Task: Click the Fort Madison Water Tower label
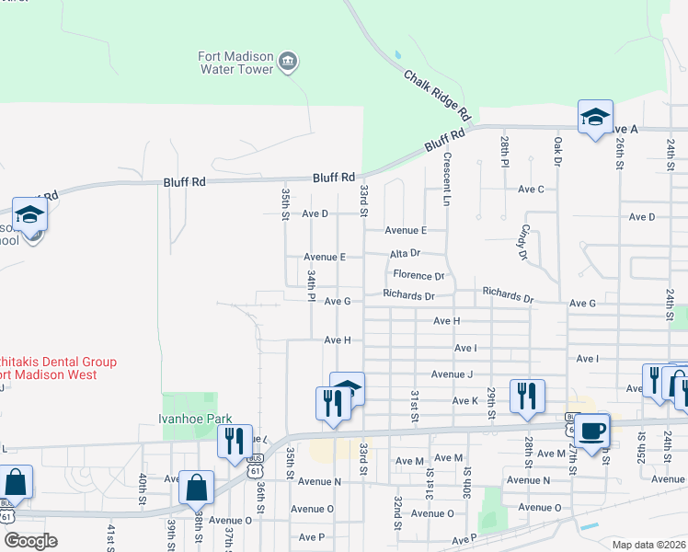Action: [235, 63]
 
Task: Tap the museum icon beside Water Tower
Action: [288, 63]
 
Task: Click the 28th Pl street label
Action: [505, 153]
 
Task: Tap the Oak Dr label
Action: [557, 153]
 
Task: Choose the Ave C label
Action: [531, 189]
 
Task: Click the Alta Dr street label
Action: [405, 253]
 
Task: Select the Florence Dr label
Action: [419, 275]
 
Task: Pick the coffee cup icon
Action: [591, 430]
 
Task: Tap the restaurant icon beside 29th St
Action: [527, 396]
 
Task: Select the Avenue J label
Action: [452, 374]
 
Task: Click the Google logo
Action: [30, 541]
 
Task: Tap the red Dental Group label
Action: [57, 368]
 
